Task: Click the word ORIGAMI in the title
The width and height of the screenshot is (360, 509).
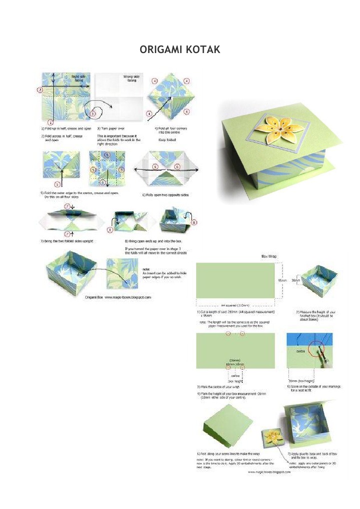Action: click(x=161, y=50)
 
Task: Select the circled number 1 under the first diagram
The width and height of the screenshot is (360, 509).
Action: click(x=50, y=122)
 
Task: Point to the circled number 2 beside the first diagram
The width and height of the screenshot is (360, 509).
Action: click(x=40, y=90)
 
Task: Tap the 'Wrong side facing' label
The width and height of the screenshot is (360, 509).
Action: click(x=131, y=79)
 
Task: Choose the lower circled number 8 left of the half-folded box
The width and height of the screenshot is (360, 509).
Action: click(x=110, y=230)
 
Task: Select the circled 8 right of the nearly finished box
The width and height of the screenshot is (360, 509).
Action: click(x=194, y=223)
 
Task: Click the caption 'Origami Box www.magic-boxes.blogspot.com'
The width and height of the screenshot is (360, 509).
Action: click(x=118, y=297)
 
